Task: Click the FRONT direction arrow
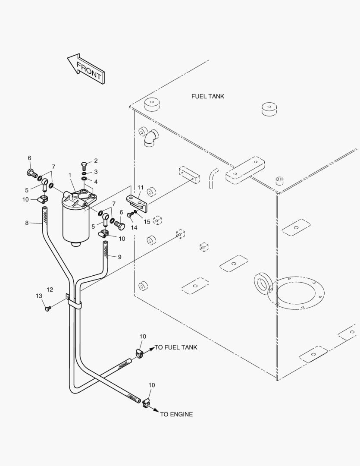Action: tap(85, 69)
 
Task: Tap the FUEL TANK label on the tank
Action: tap(208, 96)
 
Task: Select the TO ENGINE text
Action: tap(176, 414)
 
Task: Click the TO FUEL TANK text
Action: tap(176, 347)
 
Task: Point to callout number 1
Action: tap(70, 175)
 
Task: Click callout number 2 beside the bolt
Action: tap(96, 161)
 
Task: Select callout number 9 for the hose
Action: tap(119, 257)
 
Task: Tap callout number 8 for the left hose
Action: tap(27, 223)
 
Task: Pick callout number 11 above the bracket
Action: tap(141, 188)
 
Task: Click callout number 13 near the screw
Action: tap(39, 296)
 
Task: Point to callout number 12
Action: tap(50, 290)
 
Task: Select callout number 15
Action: tap(147, 222)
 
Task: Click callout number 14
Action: tap(134, 228)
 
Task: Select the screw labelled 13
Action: tap(47, 309)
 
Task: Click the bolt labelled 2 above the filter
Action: tap(84, 166)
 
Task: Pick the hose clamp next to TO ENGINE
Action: tap(145, 404)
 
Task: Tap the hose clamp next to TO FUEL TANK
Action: tap(139, 353)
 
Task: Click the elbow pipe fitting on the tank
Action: tap(151, 138)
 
